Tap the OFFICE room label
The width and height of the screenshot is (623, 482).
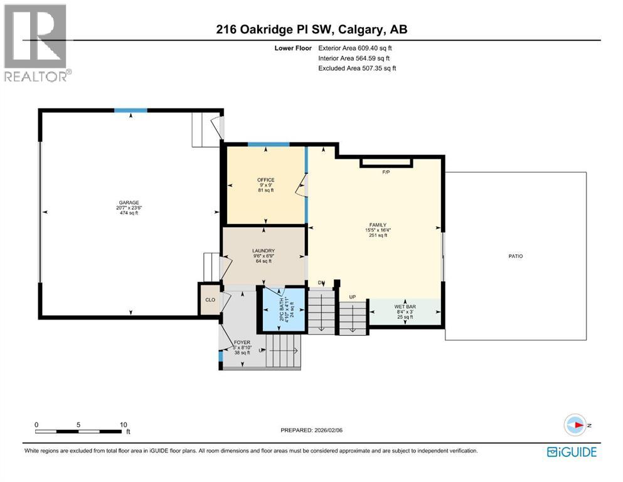[x=266, y=180]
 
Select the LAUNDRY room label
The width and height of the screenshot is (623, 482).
[x=264, y=250]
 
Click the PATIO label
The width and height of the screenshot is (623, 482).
[x=516, y=256]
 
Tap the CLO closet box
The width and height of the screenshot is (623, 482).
[x=210, y=300]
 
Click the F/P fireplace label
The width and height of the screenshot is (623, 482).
[x=386, y=171]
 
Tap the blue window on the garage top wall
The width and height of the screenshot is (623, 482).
[x=130, y=110]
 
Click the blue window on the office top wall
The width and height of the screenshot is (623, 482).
[x=268, y=144]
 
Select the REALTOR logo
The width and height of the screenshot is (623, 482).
[x=37, y=43]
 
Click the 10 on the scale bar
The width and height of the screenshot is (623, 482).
[x=124, y=424]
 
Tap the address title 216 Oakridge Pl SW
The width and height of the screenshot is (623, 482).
[x=312, y=29]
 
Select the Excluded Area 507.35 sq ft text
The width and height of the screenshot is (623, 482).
[x=357, y=68]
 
